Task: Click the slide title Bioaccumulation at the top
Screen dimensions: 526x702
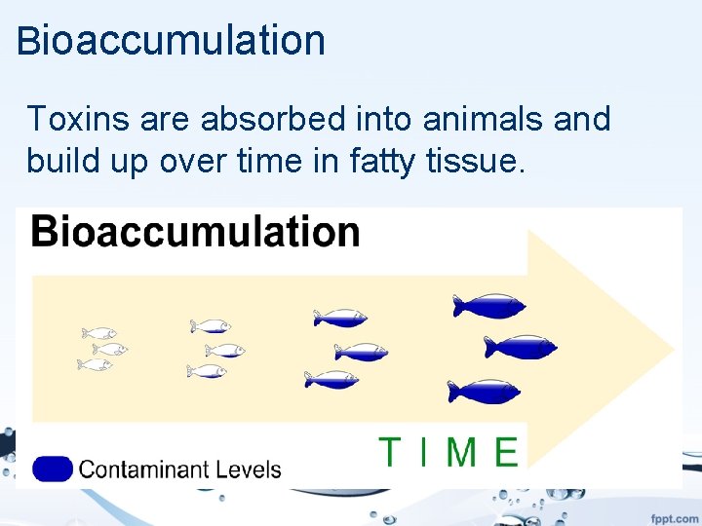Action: [171, 41]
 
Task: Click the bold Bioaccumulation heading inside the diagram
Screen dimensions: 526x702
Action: [195, 232]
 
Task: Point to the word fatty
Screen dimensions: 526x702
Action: [377, 161]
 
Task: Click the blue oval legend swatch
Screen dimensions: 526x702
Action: [53, 470]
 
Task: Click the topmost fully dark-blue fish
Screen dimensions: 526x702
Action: [487, 306]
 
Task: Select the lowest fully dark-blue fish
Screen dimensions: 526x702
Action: [483, 392]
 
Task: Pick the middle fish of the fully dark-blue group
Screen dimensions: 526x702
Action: [520, 346]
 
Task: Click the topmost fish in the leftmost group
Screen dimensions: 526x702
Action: [99, 333]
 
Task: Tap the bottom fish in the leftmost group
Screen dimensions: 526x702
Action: [96, 364]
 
